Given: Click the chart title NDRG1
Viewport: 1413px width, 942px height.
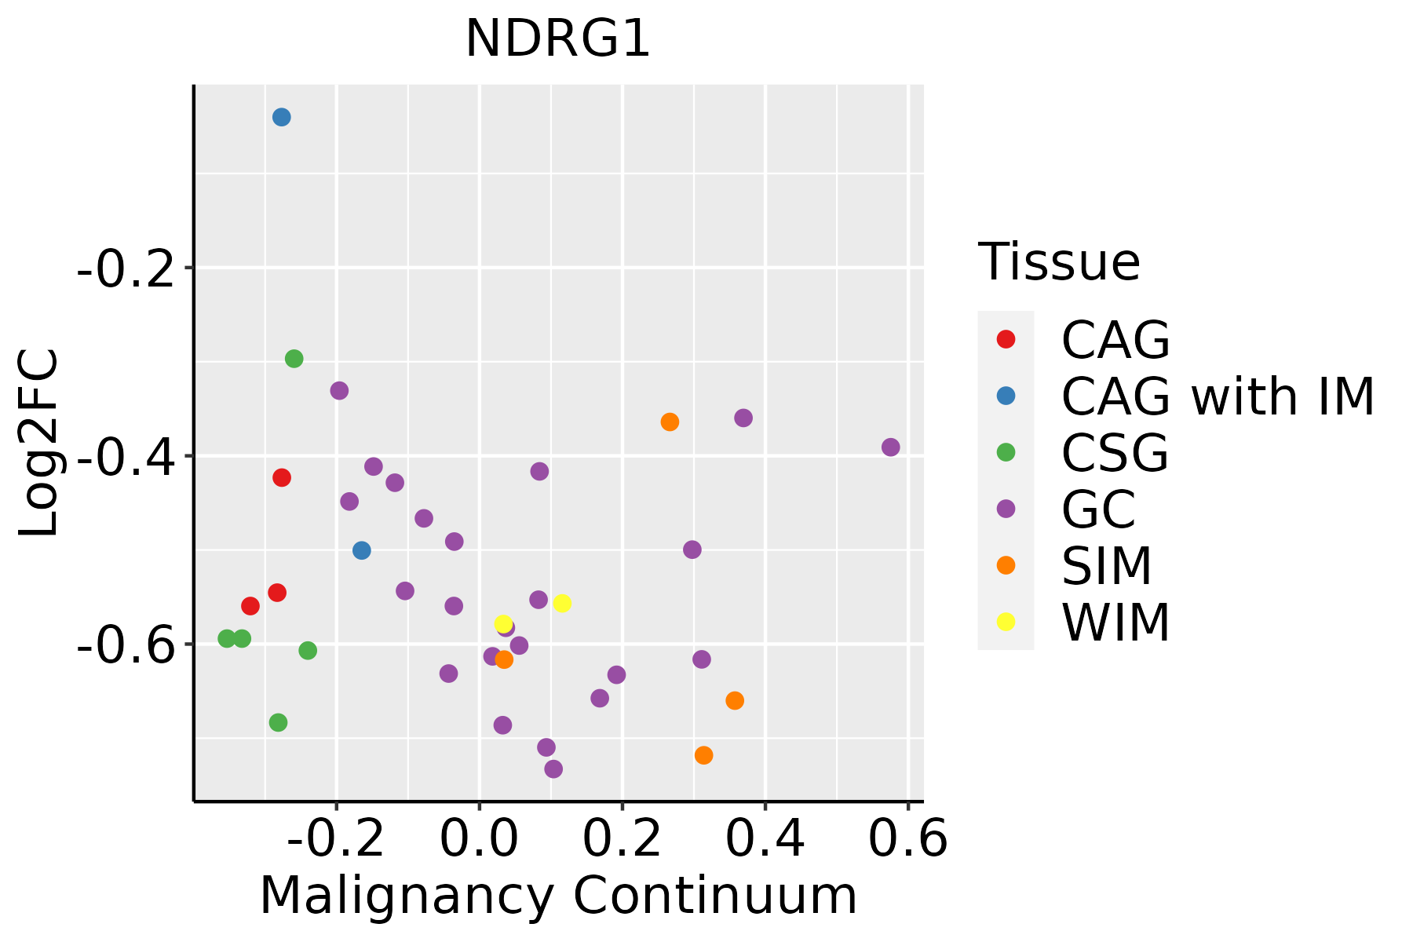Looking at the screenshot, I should tap(558, 39).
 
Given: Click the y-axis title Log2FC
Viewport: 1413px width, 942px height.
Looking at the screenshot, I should tap(39, 443).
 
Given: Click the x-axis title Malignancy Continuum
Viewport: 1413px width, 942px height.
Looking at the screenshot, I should tap(558, 896).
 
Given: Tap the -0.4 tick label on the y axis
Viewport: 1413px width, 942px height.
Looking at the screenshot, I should tap(124, 458).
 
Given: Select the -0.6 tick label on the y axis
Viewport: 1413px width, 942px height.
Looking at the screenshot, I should tap(124, 646).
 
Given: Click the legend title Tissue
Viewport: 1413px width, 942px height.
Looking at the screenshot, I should tap(1059, 262).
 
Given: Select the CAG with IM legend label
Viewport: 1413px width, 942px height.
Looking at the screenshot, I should tap(1218, 396).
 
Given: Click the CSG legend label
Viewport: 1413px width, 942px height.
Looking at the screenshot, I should tap(1115, 453).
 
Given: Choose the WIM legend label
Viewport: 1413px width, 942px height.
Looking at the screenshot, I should tap(1115, 623).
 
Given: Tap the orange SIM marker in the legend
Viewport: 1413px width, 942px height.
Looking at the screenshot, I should tap(1006, 565).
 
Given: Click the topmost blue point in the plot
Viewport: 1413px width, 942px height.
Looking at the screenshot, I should tap(282, 117).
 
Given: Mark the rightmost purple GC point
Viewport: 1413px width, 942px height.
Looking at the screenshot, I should tap(890, 447).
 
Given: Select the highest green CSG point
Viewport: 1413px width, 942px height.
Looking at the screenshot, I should tap(294, 359).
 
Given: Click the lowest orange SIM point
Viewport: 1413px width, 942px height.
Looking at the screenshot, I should tap(703, 755).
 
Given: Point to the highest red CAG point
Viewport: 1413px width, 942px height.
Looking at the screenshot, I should tap(282, 477).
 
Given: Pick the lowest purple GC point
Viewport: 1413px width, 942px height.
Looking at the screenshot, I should tap(553, 769).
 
